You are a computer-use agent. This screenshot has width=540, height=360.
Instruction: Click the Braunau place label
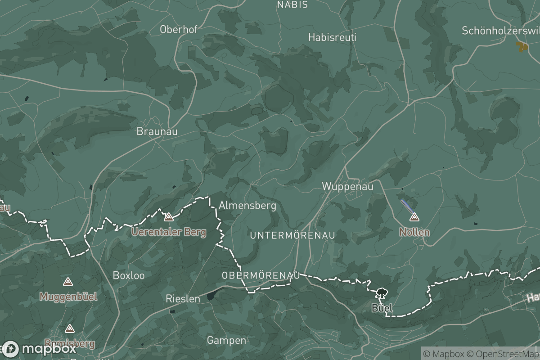pos(157,131)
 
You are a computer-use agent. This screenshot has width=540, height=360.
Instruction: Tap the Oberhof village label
pos(179,30)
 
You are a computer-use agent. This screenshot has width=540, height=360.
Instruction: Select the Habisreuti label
pos(332,37)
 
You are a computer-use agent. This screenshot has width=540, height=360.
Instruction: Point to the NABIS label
pos(292,5)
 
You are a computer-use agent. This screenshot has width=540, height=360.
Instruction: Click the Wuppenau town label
pos(347,186)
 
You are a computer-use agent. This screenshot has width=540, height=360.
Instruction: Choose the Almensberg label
pos(247,206)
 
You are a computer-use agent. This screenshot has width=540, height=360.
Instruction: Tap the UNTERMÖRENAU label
pos(292,235)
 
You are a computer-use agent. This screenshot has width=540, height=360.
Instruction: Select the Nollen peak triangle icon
pos(414,218)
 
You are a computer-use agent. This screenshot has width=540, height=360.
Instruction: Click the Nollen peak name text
pos(414,233)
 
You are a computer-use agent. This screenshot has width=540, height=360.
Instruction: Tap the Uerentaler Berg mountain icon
pos(169,218)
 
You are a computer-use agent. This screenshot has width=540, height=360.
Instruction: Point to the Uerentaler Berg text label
pos(169,233)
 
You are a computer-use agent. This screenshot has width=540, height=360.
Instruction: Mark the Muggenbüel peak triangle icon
pos(68,282)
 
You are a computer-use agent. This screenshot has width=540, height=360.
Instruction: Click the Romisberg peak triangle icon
pos(69,329)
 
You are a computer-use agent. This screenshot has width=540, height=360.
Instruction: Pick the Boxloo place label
pos(129,275)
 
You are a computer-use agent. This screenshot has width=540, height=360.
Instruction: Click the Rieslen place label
pos(183,298)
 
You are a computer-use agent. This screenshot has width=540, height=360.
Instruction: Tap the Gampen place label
pos(226,340)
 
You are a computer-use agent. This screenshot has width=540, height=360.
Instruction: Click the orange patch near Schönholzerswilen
pos(522,46)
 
